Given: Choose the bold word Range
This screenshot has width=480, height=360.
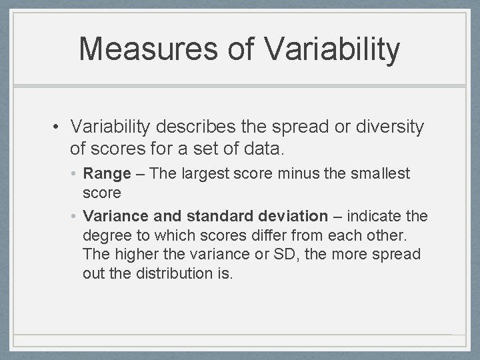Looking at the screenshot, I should (x=107, y=174).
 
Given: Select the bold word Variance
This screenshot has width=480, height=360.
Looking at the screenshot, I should (x=112, y=217).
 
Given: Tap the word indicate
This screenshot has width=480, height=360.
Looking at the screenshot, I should (x=379, y=217).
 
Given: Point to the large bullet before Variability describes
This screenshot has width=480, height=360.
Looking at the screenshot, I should (x=58, y=127).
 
